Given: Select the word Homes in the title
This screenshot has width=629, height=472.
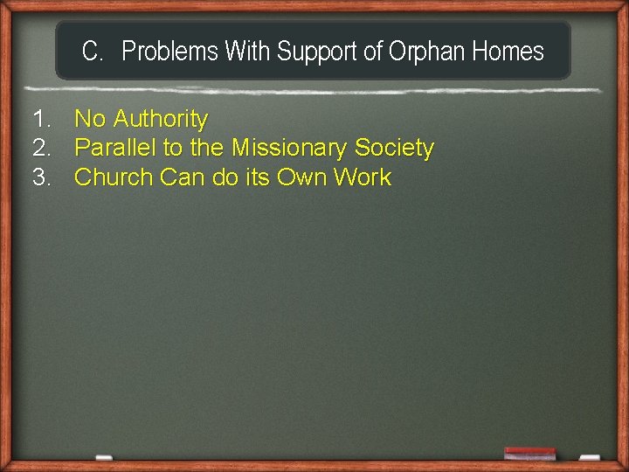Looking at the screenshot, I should (x=508, y=52).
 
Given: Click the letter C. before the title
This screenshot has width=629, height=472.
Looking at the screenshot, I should (x=93, y=52).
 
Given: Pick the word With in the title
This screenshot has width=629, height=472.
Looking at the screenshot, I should (x=248, y=52).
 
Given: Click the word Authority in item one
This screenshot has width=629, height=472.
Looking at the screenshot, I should (x=161, y=119).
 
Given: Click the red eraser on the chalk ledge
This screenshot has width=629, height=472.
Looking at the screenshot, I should (x=529, y=452).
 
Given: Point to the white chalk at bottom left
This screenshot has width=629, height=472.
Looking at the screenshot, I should (x=103, y=457).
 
